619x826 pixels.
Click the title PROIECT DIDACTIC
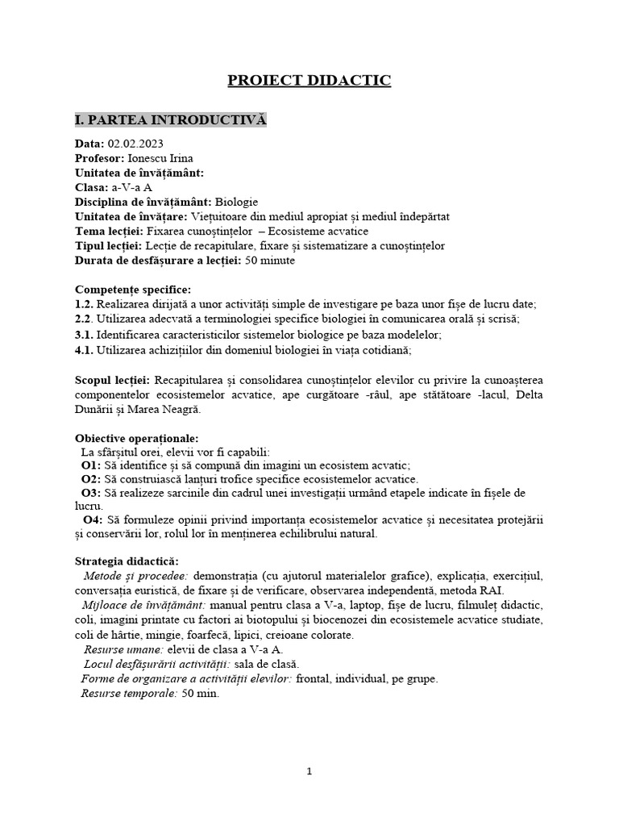pos(309,80)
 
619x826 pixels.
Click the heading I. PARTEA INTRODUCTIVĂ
pos(170,120)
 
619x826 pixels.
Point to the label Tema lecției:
pos(109,231)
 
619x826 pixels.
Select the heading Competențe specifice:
pos(133,289)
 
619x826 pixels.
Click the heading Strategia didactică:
pos(127,561)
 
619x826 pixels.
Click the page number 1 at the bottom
pos(309,771)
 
